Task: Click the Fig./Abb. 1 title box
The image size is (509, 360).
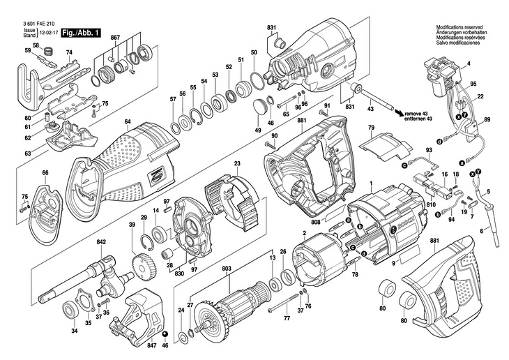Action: click(81, 33)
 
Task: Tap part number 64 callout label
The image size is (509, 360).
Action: click(127, 122)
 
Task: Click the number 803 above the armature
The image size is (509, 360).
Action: click(227, 269)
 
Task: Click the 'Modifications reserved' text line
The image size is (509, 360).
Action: click(459, 27)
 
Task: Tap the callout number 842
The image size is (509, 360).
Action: click(101, 241)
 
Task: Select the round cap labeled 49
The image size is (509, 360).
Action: click(260, 106)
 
